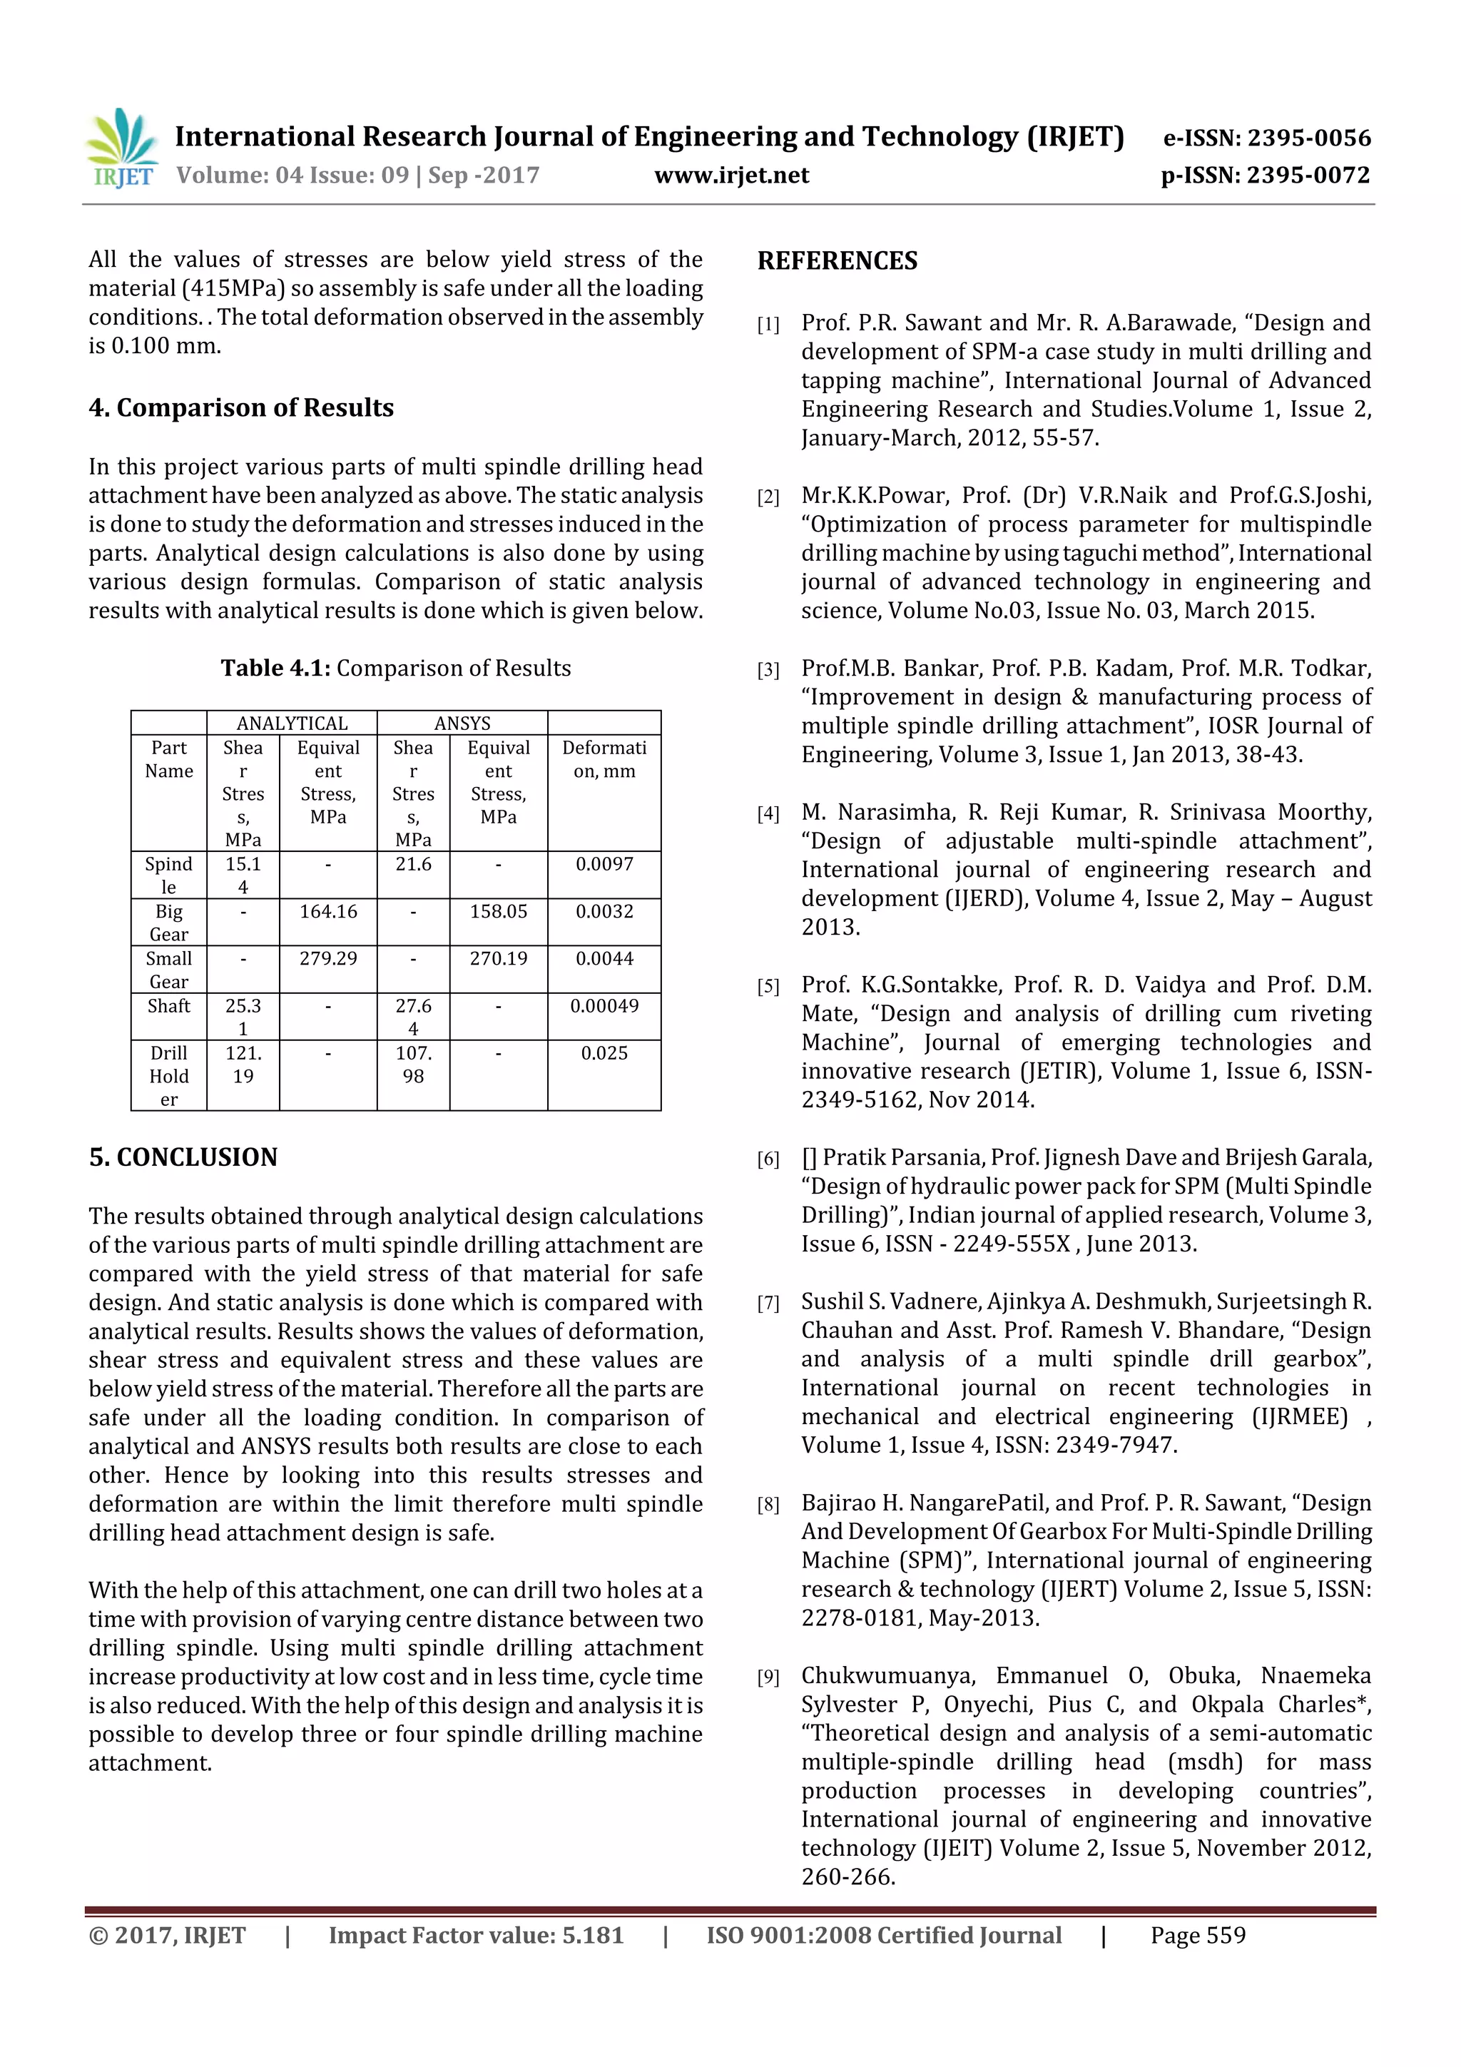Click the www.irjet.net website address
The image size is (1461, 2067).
pos(731,176)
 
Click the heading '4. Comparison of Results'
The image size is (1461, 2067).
pos(241,408)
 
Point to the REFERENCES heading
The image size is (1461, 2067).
pos(838,261)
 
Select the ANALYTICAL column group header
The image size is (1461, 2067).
pos(292,723)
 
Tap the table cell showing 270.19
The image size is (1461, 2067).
pos(498,959)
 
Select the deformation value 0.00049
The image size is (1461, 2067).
pos(604,1005)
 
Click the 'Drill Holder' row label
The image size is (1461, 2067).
pos(169,1076)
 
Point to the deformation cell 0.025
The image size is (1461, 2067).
pos(604,1053)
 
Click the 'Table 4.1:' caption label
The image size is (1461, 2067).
pos(275,668)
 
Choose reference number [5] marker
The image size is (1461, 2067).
pos(768,987)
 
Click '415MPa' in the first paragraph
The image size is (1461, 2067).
pos(234,288)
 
